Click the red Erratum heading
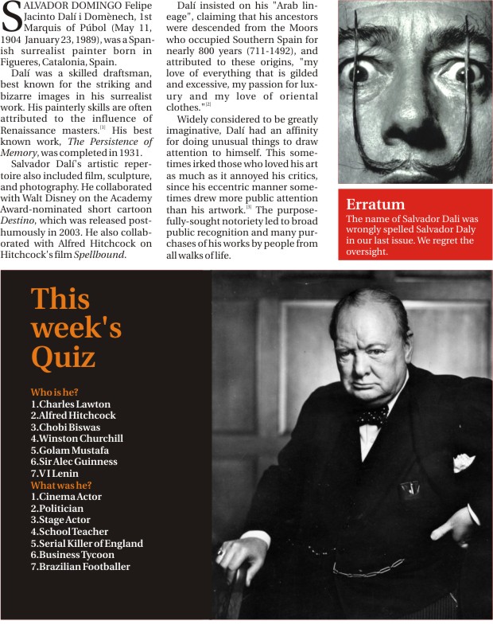click(375, 205)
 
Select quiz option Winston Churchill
click(77, 438)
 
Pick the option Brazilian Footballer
click(80, 567)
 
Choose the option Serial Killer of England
click(87, 544)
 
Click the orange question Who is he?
click(55, 392)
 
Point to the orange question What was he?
click(61, 485)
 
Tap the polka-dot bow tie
click(371, 415)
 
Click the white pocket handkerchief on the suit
click(464, 461)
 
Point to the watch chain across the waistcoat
click(370, 568)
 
